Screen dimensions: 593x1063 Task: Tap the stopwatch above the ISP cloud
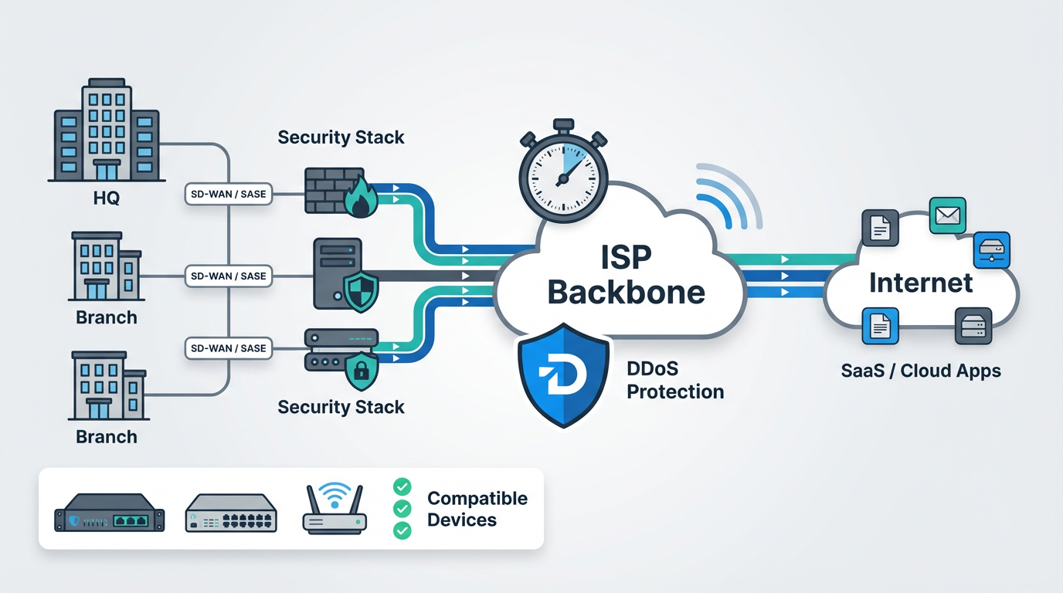(563, 169)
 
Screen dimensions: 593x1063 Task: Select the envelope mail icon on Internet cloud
(948, 216)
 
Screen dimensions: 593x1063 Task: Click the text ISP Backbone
(626, 273)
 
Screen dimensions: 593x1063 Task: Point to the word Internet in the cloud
(921, 283)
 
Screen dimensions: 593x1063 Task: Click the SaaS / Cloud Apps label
(921, 371)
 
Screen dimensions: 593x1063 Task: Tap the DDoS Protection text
(674, 381)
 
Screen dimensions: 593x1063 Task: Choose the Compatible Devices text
(477, 509)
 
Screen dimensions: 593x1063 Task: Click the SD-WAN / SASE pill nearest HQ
(228, 194)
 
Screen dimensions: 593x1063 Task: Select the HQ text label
(106, 198)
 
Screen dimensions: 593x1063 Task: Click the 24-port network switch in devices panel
(231, 513)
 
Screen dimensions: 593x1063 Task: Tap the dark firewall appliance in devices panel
(110, 513)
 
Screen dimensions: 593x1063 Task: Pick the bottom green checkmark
(402, 530)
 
